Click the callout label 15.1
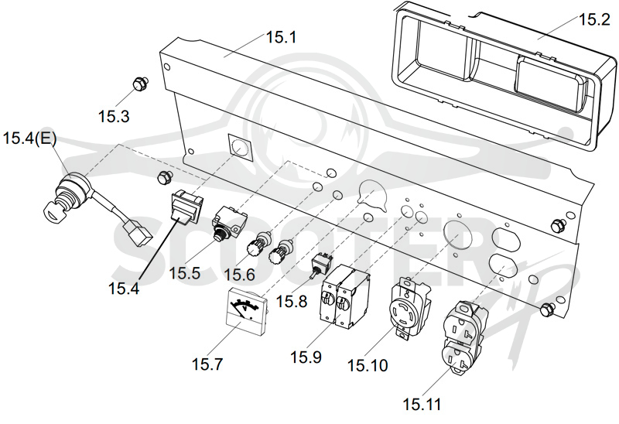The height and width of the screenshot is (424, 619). tap(281, 37)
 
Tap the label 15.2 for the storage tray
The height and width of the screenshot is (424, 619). tap(594, 19)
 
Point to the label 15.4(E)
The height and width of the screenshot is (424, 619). tap(29, 138)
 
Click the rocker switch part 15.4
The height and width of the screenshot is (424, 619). tap(186, 206)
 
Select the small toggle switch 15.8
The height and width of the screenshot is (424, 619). tap(320, 264)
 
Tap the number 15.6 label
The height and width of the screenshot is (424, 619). tap(240, 275)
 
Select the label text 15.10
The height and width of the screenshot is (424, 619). tap(368, 365)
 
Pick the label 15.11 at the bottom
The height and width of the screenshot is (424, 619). tap(422, 404)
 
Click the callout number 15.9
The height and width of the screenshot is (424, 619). tap(306, 357)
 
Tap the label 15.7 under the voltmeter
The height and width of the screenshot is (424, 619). tap(207, 364)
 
